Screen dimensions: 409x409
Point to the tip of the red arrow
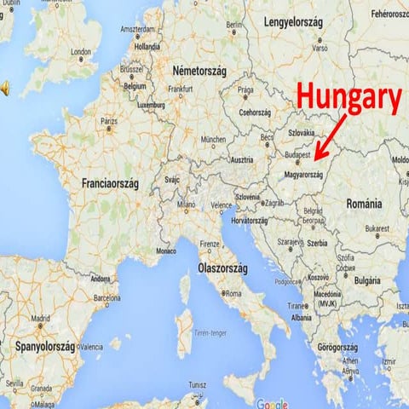(314, 159)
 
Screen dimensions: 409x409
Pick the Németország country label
(204, 69)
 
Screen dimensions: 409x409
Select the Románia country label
(364, 204)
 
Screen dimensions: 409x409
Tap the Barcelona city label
(107, 298)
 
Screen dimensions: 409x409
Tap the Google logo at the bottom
(272, 404)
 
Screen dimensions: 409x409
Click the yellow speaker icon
(5, 88)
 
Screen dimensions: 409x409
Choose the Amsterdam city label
(138, 29)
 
